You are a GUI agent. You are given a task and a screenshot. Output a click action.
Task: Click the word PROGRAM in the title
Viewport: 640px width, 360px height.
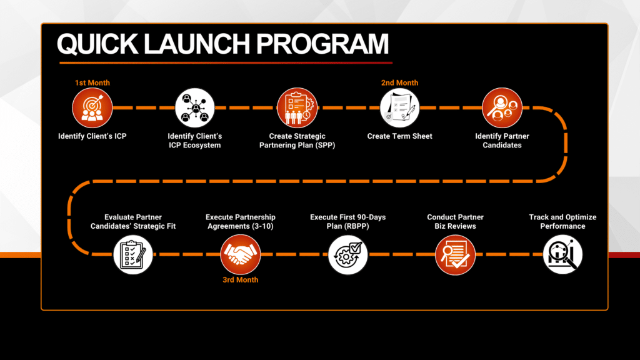tap(322, 44)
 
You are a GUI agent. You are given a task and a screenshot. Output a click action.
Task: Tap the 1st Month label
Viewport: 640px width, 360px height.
tap(92, 83)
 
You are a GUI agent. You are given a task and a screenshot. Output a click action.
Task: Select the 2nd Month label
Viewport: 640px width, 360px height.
tap(399, 83)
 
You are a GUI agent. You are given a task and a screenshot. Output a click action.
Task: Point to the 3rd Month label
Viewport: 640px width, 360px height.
tap(241, 280)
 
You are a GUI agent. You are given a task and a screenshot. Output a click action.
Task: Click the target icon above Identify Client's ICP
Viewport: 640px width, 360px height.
tap(92, 108)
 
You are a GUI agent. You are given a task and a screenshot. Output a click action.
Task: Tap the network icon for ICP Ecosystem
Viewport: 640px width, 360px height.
tap(195, 108)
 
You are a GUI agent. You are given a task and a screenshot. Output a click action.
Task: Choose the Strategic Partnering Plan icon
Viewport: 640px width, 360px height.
tap(297, 108)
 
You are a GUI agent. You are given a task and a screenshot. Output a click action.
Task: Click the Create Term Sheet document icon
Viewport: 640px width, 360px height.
tap(399, 108)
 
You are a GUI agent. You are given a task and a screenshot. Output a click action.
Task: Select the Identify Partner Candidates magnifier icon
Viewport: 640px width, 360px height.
tap(502, 108)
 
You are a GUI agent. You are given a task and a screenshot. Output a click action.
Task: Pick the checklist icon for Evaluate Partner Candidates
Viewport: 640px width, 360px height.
tap(133, 255)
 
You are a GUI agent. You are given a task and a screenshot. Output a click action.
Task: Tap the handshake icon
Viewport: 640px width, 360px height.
tap(241, 255)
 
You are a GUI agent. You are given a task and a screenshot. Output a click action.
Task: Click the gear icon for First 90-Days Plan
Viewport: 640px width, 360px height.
tap(347, 255)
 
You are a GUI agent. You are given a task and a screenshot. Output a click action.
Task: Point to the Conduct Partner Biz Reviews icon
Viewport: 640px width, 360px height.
tap(455, 255)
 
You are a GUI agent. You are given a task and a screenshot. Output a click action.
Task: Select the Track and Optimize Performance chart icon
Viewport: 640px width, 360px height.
tap(562, 255)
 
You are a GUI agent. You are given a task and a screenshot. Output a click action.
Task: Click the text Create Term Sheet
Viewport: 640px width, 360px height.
tap(399, 136)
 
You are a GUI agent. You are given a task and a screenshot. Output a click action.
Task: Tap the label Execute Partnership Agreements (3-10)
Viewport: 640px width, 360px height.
tap(241, 222)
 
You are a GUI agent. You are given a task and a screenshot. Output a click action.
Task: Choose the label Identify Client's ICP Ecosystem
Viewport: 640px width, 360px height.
tap(195, 141)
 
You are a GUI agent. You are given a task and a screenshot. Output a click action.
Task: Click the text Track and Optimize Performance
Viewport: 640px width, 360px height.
tap(562, 222)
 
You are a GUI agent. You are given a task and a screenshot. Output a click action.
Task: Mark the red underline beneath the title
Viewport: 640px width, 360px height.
tap(226, 63)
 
